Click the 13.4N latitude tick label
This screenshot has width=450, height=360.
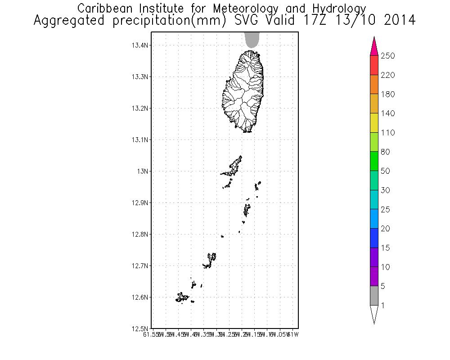pyautogui.click(x=140, y=45)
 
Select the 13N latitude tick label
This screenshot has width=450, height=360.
pyautogui.click(x=143, y=171)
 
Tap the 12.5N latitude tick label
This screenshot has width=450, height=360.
pyautogui.click(x=140, y=328)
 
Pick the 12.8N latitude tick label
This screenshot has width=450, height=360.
pyautogui.click(x=140, y=234)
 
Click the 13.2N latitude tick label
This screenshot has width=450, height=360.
pyautogui.click(x=140, y=108)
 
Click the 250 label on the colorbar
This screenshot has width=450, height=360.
pyautogui.click(x=387, y=56)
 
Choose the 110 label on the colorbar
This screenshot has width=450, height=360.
pyautogui.click(x=387, y=133)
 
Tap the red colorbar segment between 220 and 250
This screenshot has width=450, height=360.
pyautogui.click(x=374, y=65)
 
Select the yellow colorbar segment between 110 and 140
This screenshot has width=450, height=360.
pyautogui.click(x=374, y=123)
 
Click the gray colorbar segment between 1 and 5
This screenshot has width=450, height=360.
pyautogui.click(x=374, y=296)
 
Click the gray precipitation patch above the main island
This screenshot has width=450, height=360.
pyautogui.click(x=252, y=40)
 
